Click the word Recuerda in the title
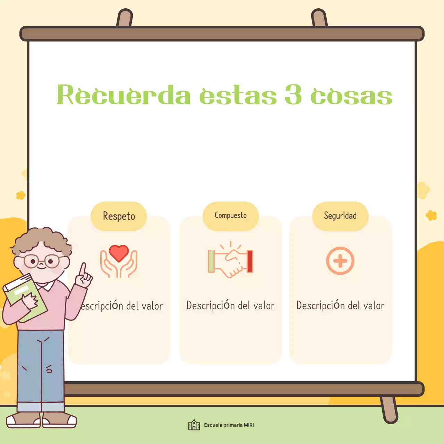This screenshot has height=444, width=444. tap(123, 95)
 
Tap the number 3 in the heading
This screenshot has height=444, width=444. tap(293, 95)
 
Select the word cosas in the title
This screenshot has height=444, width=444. tap(351, 95)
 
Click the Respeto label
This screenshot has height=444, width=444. tap(119, 216)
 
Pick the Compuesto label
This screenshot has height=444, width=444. tap(231, 215)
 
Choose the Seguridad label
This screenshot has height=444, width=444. tap(340, 216)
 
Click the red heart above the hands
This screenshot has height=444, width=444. tap(119, 253)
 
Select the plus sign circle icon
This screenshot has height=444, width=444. tap(340, 261)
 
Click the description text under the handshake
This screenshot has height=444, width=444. tap(230, 305)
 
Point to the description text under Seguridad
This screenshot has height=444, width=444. tap(340, 305)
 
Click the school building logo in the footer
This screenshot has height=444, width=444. tap(194, 425)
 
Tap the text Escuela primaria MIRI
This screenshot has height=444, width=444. tap(229, 425)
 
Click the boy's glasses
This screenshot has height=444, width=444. tap(42, 261)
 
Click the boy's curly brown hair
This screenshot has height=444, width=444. tap(42, 239)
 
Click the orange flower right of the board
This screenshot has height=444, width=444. tap(431, 215)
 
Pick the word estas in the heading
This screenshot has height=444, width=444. tap(238, 95)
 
